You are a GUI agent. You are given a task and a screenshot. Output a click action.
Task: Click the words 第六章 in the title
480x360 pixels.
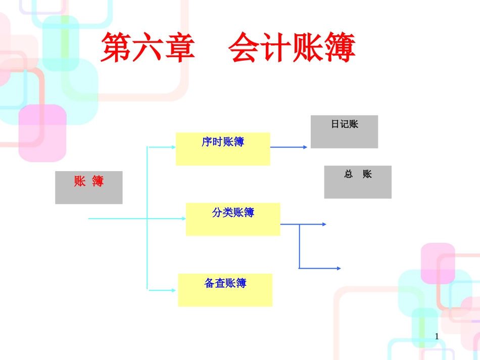148,48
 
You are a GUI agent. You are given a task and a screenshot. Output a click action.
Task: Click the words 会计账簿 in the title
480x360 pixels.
292,48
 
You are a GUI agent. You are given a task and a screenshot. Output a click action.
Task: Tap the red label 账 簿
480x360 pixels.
89,182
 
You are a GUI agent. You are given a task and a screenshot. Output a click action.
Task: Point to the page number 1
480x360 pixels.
437,337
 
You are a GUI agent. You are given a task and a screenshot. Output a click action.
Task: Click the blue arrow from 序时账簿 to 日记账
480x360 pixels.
289,147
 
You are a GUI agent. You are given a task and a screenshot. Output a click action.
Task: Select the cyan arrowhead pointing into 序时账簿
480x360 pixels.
173,147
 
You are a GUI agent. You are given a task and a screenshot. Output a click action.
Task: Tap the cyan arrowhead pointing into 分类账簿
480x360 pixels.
183,219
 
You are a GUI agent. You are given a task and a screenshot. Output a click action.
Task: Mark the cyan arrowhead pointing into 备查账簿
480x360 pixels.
173,290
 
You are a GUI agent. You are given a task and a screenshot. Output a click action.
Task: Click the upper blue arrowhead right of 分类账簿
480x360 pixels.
324,224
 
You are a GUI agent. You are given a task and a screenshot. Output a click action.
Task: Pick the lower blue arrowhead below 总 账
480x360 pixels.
339,268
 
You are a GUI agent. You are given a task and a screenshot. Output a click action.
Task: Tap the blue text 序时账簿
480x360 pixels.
223,142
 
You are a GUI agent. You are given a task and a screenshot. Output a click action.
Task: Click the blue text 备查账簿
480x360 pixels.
225,283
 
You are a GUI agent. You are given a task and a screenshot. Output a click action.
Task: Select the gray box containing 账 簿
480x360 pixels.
89,188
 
